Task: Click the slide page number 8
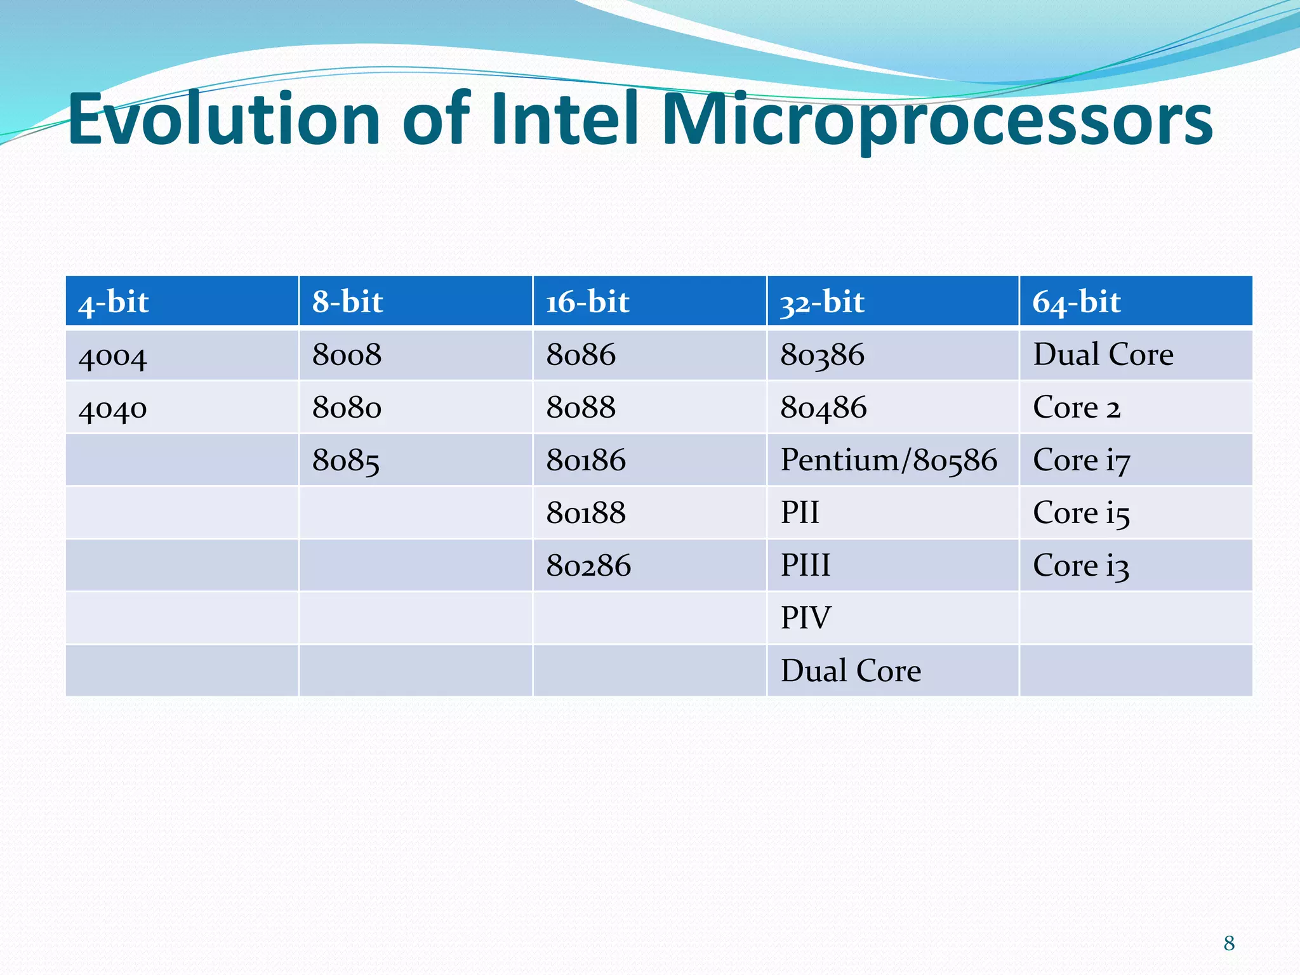pos(1229,943)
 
